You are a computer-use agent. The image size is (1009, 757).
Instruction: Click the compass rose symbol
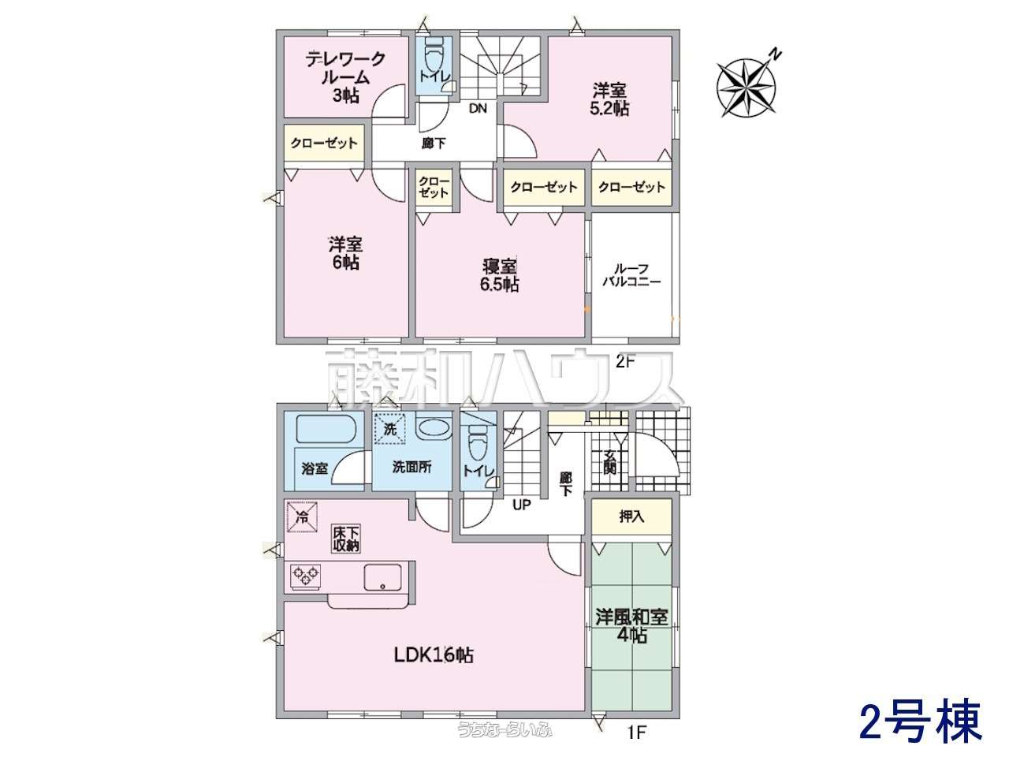[x=746, y=88]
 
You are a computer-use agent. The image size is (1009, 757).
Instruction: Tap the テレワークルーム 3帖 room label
[x=345, y=77]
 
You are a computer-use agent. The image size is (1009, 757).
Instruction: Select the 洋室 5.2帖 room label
[x=610, y=99]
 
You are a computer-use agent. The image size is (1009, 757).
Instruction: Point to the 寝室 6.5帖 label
[x=500, y=275]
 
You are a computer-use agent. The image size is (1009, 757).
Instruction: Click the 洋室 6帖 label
[x=345, y=253]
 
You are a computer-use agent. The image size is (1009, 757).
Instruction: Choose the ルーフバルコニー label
[x=631, y=275]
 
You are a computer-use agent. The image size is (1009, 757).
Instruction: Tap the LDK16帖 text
[x=434, y=655]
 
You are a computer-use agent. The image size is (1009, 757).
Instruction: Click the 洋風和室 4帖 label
[x=631, y=625]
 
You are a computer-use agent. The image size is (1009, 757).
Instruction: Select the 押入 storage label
[x=631, y=516]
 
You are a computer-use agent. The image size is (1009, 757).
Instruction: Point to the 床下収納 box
[x=346, y=539]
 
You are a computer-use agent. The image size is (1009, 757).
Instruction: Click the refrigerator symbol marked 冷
[x=302, y=517]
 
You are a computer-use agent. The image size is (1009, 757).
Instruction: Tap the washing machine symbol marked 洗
[x=390, y=430]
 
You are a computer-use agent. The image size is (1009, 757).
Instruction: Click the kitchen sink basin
[x=382, y=578]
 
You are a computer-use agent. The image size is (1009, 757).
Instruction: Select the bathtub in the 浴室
[x=325, y=429]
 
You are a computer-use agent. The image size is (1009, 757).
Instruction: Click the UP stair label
[x=521, y=505]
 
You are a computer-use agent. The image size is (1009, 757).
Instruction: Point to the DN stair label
[x=478, y=109]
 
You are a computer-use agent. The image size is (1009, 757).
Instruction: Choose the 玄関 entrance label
[x=609, y=462]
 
